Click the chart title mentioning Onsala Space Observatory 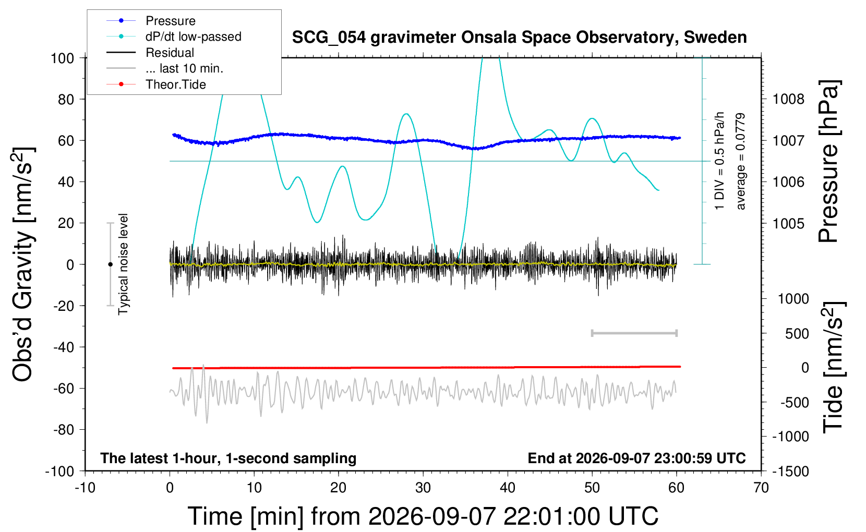click(519, 38)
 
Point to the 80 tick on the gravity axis click(66, 100)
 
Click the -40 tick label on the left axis click(63, 347)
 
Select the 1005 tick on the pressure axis click(789, 223)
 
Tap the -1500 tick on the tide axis click(790, 471)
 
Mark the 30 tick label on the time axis click(423, 488)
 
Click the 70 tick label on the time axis click(761, 488)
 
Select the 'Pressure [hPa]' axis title click(829, 162)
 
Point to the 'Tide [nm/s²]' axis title click(834, 367)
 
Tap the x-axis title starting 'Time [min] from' click(423, 516)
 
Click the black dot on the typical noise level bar click(110, 264)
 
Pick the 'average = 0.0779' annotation click(740, 162)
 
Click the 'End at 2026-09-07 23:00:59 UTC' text click(637, 458)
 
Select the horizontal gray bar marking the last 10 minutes click(634, 333)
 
